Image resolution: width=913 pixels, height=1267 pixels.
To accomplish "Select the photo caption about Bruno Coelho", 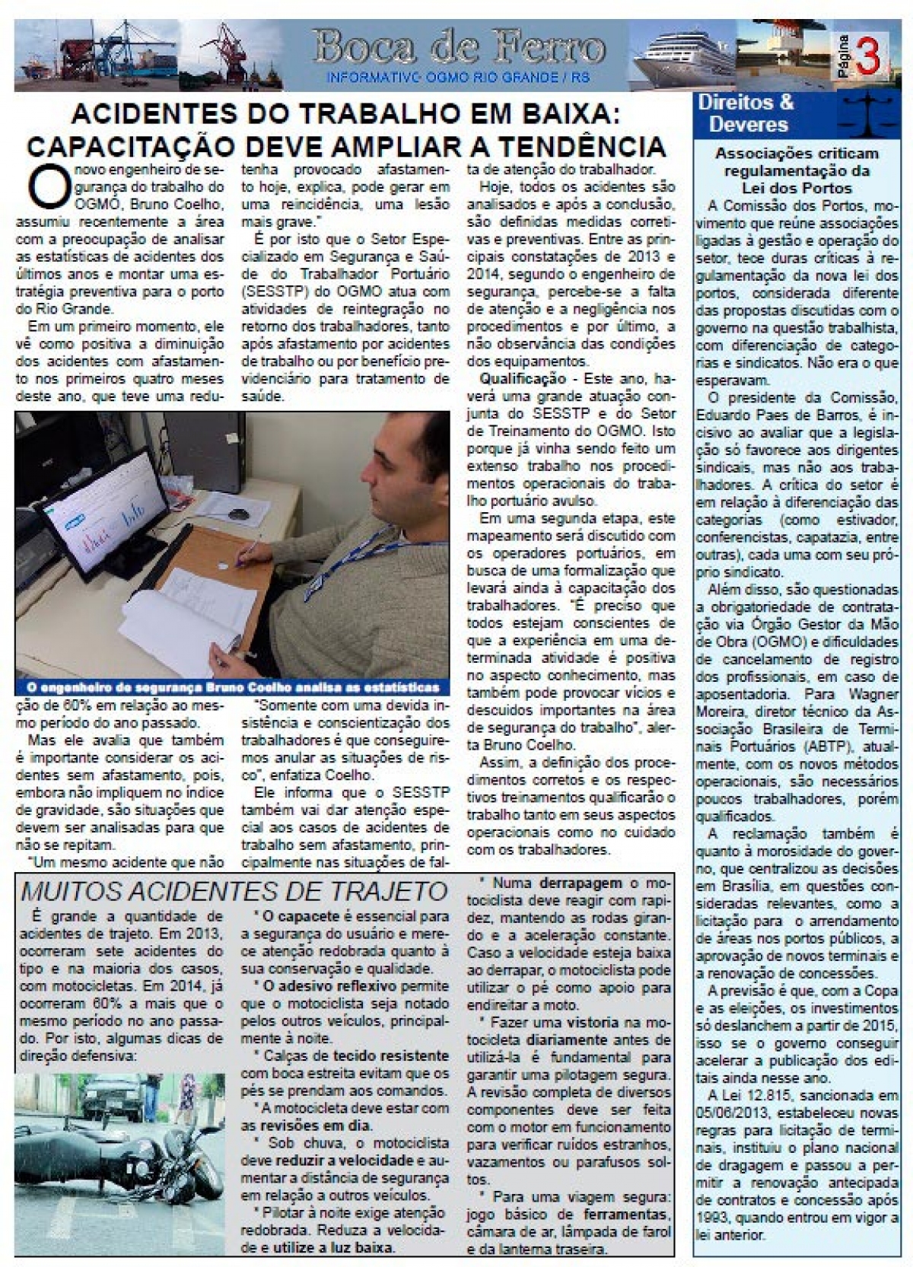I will pos(228,687).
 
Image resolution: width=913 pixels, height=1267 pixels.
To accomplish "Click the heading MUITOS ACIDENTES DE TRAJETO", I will pos(233,891).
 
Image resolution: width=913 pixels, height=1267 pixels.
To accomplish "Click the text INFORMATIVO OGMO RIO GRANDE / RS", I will pos(461,78).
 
